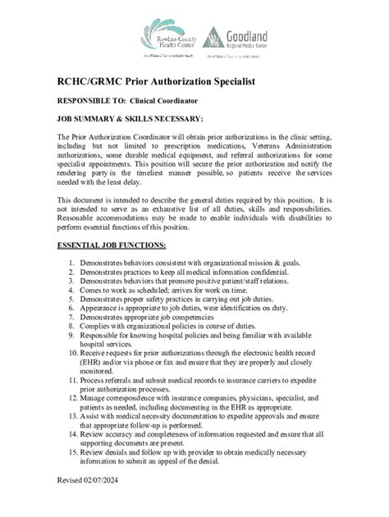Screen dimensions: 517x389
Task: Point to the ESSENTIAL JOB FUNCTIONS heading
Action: coord(111,245)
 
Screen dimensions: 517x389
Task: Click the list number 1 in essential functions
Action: coord(73,263)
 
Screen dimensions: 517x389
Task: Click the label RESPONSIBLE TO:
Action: coord(95,101)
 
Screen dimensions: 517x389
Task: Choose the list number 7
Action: coord(73,316)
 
